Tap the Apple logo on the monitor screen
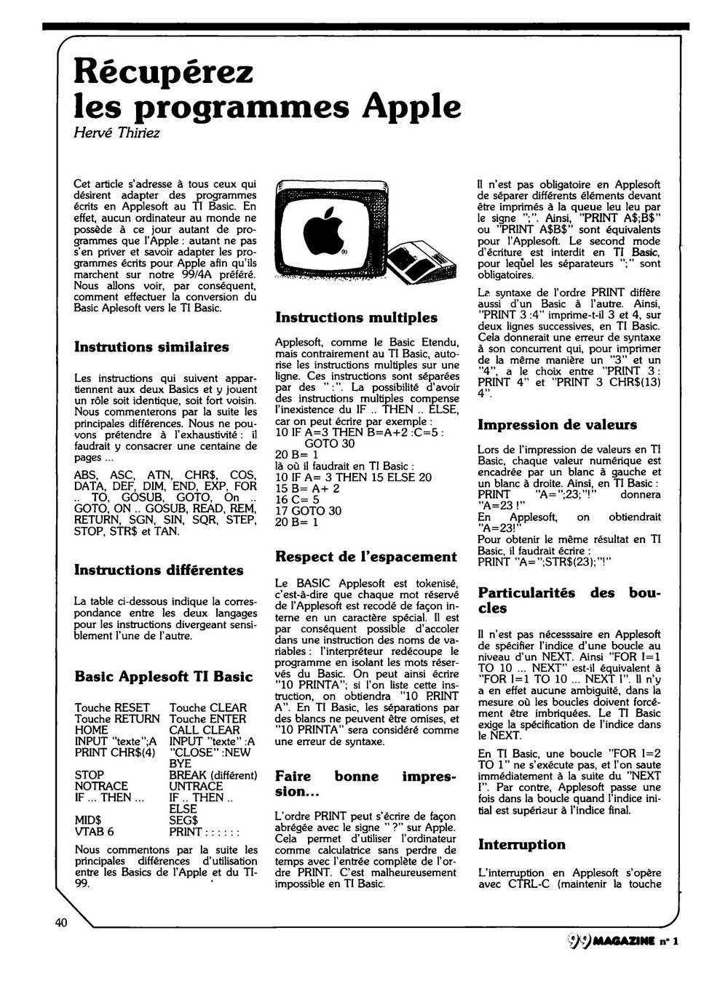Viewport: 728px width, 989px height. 317,231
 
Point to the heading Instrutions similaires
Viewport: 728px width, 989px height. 151,346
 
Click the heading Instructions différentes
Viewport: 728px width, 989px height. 159,570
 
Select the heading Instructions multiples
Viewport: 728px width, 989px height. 356,317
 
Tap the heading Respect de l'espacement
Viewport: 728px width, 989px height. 366,557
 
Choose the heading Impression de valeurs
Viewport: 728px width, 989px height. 557,424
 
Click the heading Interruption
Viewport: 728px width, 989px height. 521,844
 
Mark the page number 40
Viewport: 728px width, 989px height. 60,923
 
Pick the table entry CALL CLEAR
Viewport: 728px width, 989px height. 204,730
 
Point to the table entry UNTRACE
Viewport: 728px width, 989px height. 196,786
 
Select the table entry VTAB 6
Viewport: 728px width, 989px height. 94,832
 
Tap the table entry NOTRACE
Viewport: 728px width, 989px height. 101,786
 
